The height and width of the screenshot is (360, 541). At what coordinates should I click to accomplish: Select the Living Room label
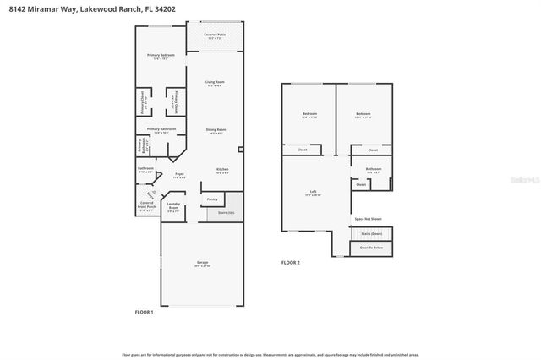pos(215,83)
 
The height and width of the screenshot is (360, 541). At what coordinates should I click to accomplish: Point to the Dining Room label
pos(215,130)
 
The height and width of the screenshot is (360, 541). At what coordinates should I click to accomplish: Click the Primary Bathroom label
pos(160,130)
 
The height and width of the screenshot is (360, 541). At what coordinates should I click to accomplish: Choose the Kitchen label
pos(221,170)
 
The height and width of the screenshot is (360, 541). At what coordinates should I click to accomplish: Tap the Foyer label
pos(179,175)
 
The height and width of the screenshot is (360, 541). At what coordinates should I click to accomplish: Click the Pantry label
pos(211,199)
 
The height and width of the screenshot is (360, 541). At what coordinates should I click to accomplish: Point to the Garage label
pos(203,264)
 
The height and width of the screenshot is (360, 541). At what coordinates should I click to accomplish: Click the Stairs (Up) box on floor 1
pos(226,213)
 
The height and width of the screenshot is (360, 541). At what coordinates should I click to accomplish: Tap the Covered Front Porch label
pos(147,206)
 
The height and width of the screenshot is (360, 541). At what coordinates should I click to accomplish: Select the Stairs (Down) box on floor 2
pos(371,233)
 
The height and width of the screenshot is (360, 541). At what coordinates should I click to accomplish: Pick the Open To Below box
pos(371,248)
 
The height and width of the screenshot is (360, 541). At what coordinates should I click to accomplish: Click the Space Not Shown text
pos(365,218)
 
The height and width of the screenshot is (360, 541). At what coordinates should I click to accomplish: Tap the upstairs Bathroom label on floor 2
pos(374,170)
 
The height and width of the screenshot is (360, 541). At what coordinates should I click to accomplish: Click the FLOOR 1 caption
pos(145,312)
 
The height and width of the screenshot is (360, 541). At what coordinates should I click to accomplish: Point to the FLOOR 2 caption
pos(290,263)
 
